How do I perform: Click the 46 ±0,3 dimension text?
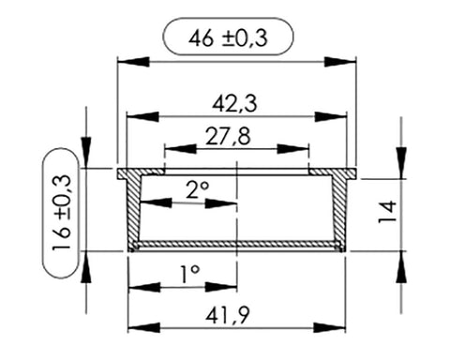coord(228,38)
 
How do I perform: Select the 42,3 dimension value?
coord(234,104)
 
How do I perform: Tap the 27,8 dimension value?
coord(228,137)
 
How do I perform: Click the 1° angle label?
coord(190,274)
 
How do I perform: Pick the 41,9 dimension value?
coord(228,316)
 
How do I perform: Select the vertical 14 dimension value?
coord(387,212)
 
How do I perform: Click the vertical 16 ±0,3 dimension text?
coord(62,213)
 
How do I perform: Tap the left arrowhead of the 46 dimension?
coord(133,62)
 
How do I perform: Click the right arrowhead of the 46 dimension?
coord(340,62)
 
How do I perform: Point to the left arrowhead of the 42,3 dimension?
coord(143,117)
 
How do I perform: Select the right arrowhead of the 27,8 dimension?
coord(292,149)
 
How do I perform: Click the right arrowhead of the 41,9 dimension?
coord(329,328)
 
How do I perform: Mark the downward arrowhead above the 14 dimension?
coord(401,163)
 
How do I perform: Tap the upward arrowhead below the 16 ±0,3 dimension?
coord(86,267)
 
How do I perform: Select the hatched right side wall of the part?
coord(339,209)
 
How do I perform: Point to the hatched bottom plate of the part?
coord(237,244)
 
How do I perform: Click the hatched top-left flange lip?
coord(142,172)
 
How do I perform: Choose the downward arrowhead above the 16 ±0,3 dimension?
coord(86,152)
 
